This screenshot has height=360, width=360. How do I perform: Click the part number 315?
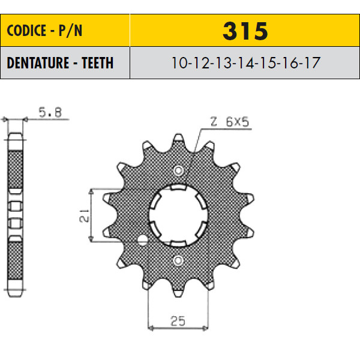(245, 31)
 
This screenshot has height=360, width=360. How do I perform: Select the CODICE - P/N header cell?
(65, 31)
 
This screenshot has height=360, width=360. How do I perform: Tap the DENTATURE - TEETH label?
(60, 62)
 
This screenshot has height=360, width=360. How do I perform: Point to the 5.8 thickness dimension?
(50, 113)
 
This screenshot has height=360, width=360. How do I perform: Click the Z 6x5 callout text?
(230, 122)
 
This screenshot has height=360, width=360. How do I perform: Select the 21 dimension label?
(84, 215)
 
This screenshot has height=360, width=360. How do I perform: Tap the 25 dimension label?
(178, 321)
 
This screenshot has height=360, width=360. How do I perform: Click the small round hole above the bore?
(178, 170)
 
